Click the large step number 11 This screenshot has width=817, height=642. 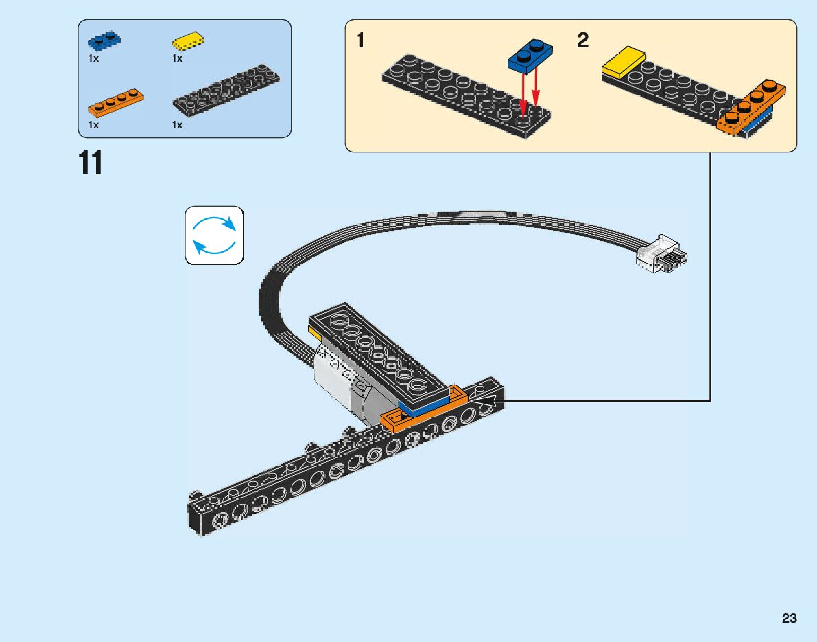(90, 163)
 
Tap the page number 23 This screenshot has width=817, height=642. (789, 619)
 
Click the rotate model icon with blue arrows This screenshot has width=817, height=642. (214, 235)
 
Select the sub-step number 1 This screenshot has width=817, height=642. (361, 41)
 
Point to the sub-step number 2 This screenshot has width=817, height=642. (582, 41)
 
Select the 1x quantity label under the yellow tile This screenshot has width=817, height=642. (177, 59)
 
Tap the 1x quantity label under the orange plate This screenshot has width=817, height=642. (93, 125)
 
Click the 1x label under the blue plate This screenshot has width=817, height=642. (93, 59)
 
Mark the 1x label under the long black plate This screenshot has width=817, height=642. (177, 125)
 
